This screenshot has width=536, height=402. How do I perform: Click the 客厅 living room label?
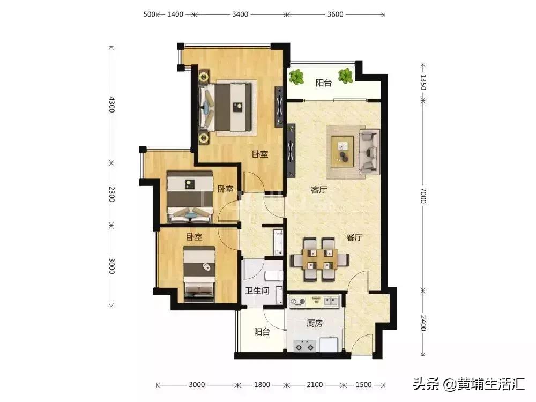tap(319, 190)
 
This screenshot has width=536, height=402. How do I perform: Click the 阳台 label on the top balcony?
tap(323, 83)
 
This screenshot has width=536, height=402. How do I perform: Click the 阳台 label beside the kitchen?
tap(262, 332)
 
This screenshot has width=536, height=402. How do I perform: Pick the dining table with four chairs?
tap(319, 259)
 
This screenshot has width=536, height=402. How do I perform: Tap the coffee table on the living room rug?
tap(342, 150)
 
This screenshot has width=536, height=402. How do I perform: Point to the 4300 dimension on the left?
tap(111, 103)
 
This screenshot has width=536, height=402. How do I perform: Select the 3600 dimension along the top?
tap(335, 14)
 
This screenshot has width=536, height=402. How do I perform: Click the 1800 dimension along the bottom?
tap(262, 385)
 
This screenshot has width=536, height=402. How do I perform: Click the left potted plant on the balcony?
tap(295, 77)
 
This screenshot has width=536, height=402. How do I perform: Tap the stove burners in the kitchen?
tap(305, 346)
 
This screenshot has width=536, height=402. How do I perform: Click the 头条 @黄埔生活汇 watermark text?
tap(468, 383)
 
